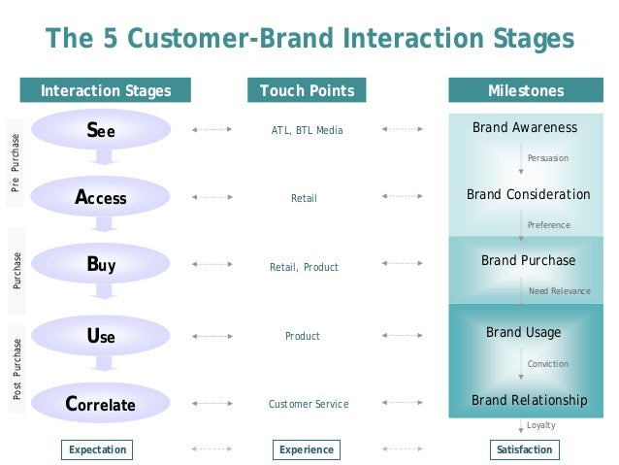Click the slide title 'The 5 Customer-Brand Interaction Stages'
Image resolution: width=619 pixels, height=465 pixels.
309,39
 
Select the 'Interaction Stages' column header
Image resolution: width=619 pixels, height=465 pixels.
106,91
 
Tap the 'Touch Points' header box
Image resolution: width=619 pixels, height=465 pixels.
307,91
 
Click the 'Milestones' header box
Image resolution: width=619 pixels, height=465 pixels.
525,91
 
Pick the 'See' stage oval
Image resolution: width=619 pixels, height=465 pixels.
100,131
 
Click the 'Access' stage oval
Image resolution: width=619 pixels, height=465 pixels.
100,197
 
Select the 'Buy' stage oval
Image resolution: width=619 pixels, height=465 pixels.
100,263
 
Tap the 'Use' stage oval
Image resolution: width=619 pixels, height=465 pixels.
100,336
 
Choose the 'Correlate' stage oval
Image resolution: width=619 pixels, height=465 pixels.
100,404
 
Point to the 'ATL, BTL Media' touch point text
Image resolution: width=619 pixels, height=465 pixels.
307,130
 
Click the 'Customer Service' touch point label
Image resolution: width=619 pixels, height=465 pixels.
308,404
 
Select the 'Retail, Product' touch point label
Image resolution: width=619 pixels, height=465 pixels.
304,267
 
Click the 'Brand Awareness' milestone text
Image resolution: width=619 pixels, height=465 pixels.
525,128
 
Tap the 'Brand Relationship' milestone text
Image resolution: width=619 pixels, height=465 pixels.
529,400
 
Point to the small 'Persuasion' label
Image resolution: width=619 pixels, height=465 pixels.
548,158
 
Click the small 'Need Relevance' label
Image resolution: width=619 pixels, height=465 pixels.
559,291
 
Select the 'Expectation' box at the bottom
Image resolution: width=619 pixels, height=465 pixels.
98,449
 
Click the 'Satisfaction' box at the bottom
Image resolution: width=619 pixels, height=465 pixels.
524,449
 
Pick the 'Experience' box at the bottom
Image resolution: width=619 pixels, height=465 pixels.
307,449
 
